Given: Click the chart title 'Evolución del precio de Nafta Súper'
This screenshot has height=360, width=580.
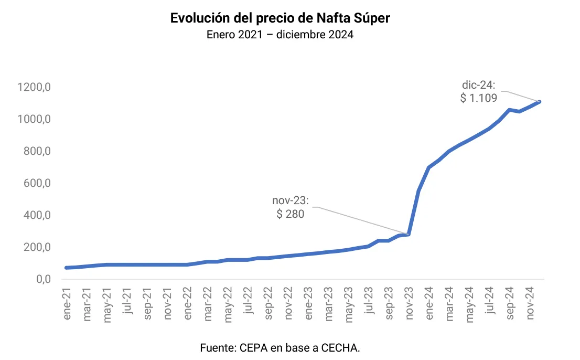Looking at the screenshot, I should pyautogui.click(x=280, y=18).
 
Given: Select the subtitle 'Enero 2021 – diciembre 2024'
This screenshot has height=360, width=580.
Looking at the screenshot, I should pyautogui.click(x=280, y=35).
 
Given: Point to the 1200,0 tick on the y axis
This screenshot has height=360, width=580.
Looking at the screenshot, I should pyautogui.click(x=35, y=87).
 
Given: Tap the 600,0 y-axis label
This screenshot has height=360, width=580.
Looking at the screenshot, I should pyautogui.click(x=37, y=183).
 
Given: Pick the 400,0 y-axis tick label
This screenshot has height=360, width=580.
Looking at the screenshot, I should pyautogui.click(x=37, y=215).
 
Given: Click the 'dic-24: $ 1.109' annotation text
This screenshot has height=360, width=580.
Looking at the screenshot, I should pyautogui.click(x=479, y=91).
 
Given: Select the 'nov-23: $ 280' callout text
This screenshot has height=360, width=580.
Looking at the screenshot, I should pyautogui.click(x=291, y=207).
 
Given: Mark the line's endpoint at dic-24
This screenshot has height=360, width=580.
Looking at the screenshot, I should pyautogui.click(x=539, y=102).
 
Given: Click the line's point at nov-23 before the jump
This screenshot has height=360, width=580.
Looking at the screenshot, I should pyautogui.click(x=408, y=234).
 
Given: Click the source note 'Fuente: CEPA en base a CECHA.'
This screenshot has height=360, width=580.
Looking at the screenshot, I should pyautogui.click(x=280, y=347).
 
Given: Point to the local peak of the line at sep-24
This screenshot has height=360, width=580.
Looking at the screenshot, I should pyautogui.click(x=509, y=110).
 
